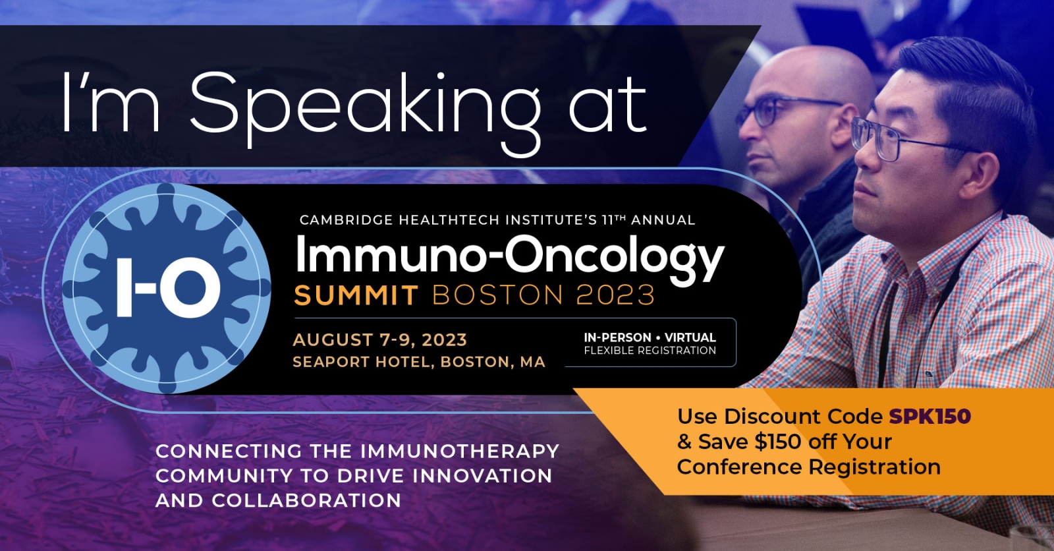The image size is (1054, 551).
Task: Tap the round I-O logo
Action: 166,288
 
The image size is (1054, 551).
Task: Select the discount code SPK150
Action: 929,417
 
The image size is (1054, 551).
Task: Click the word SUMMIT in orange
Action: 356,295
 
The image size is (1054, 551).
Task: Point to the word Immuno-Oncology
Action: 510,256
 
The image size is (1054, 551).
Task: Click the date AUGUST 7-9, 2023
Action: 379,339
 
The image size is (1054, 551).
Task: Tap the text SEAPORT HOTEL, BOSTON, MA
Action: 419,362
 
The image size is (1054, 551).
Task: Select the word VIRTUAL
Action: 690,337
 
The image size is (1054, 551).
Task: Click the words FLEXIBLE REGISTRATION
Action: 650,351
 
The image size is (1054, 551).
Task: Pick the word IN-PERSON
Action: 617,337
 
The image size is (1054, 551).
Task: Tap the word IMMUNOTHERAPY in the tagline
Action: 460,451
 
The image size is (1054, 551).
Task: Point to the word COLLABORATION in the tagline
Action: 306,500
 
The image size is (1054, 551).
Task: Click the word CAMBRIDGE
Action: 346,220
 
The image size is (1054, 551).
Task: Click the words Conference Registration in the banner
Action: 809,467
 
